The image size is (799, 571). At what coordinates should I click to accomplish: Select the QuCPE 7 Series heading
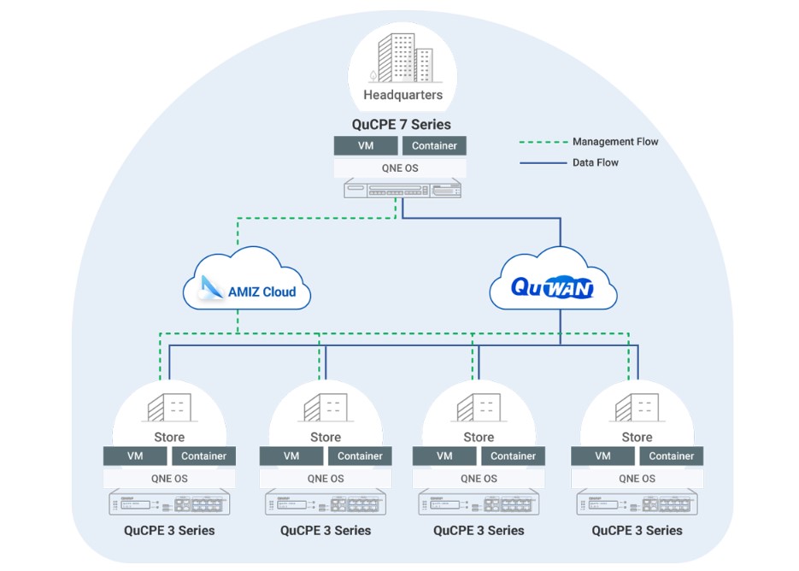coord(401,125)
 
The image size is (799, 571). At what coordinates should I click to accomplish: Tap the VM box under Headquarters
coord(365,145)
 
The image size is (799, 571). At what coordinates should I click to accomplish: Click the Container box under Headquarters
coord(434,145)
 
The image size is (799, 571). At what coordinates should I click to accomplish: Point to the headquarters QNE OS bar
coord(400,168)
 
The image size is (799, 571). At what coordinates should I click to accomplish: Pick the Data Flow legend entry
coord(595,162)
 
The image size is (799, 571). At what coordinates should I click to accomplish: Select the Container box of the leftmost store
coord(203,456)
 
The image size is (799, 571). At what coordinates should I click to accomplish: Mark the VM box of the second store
coord(291,456)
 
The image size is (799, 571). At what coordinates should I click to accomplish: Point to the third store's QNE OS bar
coord(479,479)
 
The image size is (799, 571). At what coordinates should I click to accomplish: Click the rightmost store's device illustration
coord(637,503)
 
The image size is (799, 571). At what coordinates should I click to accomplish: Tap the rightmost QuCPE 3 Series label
coord(637,531)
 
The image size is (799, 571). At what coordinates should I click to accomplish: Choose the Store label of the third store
coord(479,437)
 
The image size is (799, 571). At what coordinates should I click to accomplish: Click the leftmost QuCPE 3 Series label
coord(169,531)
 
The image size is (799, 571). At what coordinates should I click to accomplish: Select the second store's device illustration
coord(326,503)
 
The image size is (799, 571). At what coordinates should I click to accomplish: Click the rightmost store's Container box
coord(671,456)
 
